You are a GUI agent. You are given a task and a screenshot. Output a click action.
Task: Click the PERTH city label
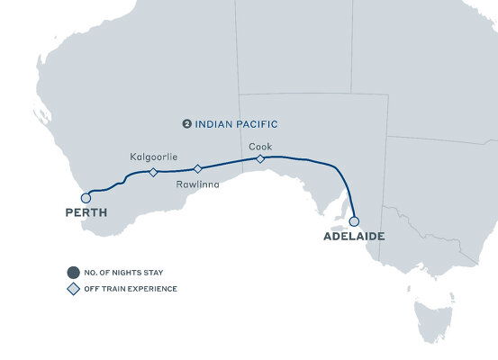[86, 214]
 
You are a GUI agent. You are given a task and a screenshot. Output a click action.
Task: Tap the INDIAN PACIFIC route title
[231, 124]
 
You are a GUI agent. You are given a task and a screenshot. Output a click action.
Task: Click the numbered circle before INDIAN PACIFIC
[186, 124]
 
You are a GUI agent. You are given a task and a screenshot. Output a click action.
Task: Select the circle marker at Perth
[86, 197]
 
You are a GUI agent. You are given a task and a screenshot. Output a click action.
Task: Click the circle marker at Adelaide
[354, 220]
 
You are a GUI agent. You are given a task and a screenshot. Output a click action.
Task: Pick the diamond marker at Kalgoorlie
[153, 172]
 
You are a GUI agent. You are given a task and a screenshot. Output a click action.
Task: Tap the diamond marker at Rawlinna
[198, 168]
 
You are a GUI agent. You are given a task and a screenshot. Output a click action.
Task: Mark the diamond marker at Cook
[260, 158]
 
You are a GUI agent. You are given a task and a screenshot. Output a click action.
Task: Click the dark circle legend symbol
[72, 271]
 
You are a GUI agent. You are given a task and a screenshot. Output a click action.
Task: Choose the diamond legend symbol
[72, 289]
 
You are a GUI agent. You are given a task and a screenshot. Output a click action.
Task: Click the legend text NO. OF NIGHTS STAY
[124, 271]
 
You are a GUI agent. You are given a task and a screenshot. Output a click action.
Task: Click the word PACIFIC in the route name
[255, 124]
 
